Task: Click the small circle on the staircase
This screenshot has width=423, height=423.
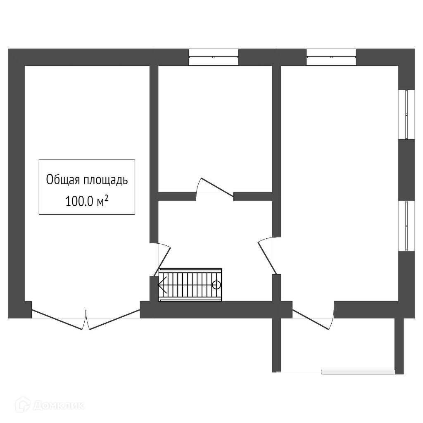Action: (x=216, y=285)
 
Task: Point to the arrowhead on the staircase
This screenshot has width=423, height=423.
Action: (x=162, y=284)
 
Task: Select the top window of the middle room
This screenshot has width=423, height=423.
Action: (x=214, y=57)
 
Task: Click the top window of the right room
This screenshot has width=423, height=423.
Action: (x=331, y=57)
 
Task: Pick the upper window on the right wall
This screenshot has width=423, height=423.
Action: (x=406, y=114)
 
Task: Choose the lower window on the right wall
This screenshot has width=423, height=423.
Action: (x=406, y=226)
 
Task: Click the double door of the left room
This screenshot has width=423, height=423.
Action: (x=86, y=320)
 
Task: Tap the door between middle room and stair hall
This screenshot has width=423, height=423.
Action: (x=215, y=188)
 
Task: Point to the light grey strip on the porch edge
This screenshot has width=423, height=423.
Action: (x=358, y=372)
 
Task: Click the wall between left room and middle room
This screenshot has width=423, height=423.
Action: (x=154, y=153)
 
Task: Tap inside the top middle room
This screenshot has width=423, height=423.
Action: (x=215, y=124)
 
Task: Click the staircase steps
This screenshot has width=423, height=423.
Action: (x=190, y=285)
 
